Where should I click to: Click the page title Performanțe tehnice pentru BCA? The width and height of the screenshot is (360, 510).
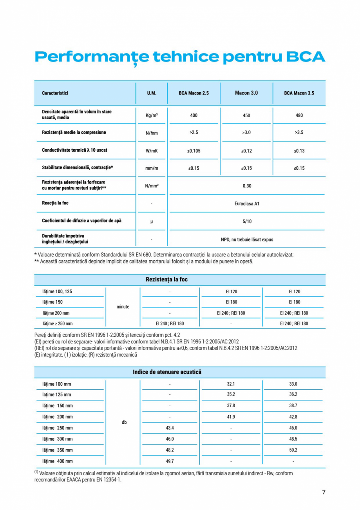coord(180,57)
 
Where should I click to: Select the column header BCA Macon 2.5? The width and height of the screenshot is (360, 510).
coord(194,93)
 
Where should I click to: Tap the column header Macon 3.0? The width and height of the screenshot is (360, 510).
coord(246,93)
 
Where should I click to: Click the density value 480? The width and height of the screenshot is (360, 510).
coord(299,115)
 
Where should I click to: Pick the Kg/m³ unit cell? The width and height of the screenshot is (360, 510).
coord(151,115)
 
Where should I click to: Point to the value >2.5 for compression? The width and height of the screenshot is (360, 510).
coord(194,132)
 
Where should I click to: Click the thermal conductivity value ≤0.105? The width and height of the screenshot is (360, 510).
coord(194,151)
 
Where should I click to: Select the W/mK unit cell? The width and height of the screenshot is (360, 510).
coord(151,151)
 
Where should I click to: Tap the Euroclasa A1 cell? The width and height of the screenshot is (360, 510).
coord(246,203)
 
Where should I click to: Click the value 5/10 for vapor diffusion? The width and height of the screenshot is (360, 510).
coord(246,221)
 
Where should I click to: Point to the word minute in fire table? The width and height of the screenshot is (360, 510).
coord(123,307)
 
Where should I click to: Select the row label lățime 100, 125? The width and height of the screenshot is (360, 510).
coord(57,292)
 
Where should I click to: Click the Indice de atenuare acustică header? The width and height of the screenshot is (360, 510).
coord(167,372)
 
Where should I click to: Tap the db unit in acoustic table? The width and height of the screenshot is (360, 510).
coord(124,423)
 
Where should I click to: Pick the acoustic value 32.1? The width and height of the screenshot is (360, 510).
coord(231,384)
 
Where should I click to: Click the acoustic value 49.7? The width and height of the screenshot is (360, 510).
coord(170,461)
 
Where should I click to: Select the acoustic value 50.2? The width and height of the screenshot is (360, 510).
coord(293,450)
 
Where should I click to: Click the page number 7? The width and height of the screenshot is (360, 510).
coord(324,492)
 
